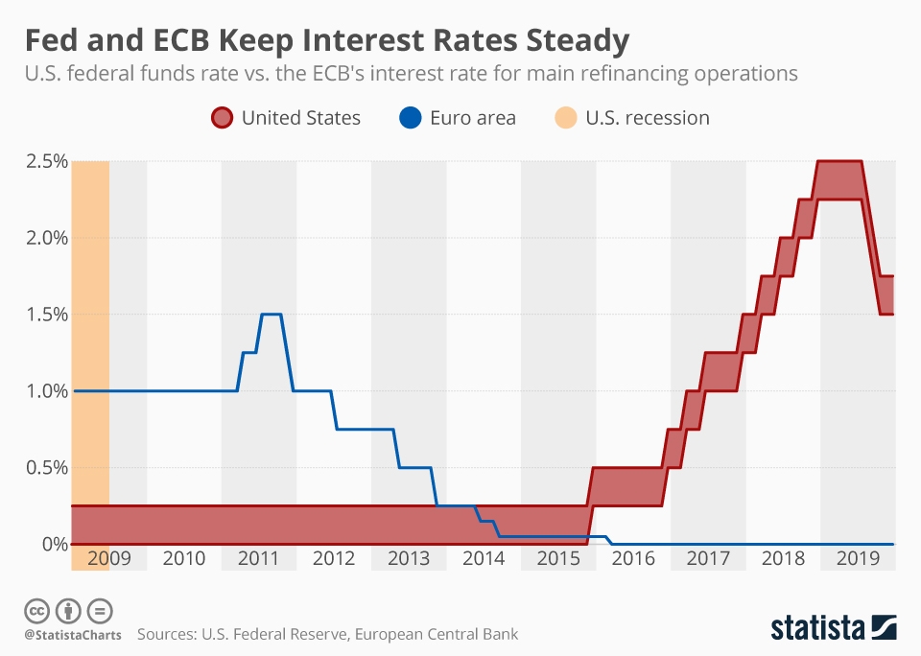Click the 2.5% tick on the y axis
[45, 161]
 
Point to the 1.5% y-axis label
[45, 315]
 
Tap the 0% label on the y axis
[55, 544]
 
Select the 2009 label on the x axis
[108, 558]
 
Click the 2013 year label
[409, 558]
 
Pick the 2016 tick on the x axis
[633, 558]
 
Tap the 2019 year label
[858, 558]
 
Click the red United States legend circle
[221, 118]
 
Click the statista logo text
[816, 628]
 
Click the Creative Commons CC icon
[37, 610]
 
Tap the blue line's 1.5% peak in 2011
[272, 315]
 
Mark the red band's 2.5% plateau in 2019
[839, 161]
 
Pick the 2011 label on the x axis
[258, 558]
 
